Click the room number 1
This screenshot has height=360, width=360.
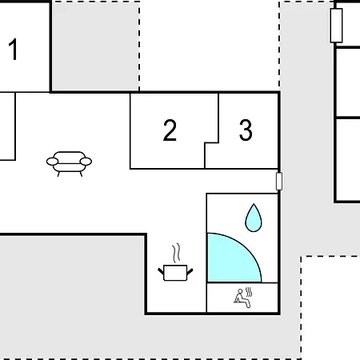pyautogui.click(x=14, y=50)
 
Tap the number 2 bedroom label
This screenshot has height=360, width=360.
pyautogui.click(x=170, y=130)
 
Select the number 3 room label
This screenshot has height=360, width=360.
pyautogui.click(x=246, y=130)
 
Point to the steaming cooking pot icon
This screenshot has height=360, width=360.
pyautogui.click(x=175, y=262)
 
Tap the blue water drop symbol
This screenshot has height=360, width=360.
pyautogui.click(x=254, y=218)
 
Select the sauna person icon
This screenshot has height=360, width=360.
pyautogui.click(x=243, y=298)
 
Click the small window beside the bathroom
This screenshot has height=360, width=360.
pyautogui.click(x=279, y=182)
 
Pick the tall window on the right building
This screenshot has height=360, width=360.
pyautogui.click(x=336, y=26)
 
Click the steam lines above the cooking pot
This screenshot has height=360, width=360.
pyautogui.click(x=176, y=253)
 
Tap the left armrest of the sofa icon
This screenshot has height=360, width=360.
pyautogui.click(x=52, y=162)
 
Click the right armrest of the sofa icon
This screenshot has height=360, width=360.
pyautogui.click(x=86, y=162)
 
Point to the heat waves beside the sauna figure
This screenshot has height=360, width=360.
pyautogui.click(x=249, y=292)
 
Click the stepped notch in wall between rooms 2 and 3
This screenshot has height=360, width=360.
pyautogui.click(x=211, y=143)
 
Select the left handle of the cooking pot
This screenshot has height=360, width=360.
pyautogui.click(x=161, y=271)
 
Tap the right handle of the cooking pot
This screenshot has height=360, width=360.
pyautogui.click(x=190, y=271)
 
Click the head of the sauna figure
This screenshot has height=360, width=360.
pyautogui.click(x=240, y=291)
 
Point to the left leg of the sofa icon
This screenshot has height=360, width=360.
pyautogui.click(x=58, y=174)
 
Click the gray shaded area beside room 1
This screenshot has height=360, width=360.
pyautogui.click(x=95, y=46)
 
